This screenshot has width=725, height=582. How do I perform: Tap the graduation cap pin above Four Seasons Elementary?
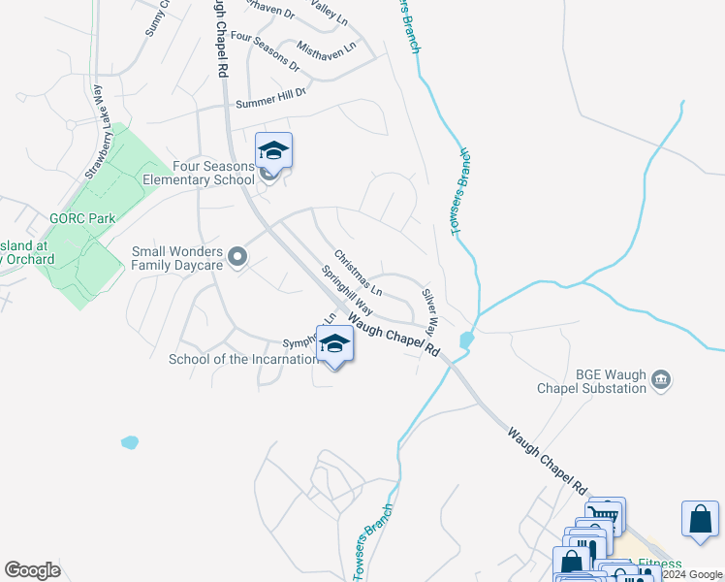coord(273,152)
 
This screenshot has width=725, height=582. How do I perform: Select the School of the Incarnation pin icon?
coord(334,344)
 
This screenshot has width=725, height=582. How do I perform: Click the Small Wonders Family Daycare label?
coord(178,257)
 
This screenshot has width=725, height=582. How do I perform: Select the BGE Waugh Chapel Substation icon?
coord(662,379)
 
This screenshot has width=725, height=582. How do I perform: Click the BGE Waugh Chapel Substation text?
coord(592,381)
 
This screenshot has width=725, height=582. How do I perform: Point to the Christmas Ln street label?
coord(359,274)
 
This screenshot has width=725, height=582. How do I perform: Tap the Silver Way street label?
coord(429,310)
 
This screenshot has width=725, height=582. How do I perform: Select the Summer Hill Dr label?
coord(270,97)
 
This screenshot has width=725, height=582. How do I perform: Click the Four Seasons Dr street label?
coord(260,50)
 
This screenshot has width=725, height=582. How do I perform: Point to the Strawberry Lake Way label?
coord(94,132)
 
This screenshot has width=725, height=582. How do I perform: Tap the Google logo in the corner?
coord(32,569)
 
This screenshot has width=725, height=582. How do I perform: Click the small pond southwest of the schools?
coord(130,442)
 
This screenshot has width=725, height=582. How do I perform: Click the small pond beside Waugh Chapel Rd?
coord(468,339)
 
